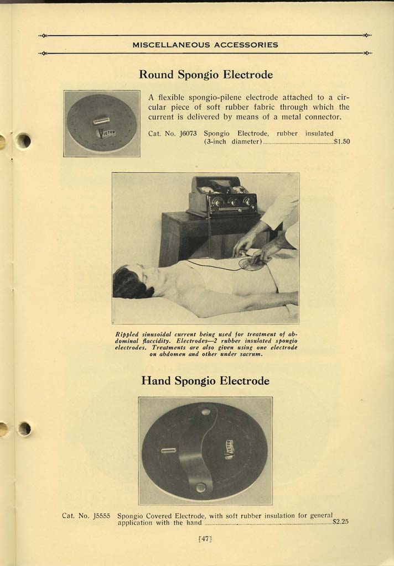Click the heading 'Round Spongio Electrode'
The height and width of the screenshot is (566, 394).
(x=205, y=74)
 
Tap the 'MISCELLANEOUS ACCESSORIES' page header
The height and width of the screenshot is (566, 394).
(x=205, y=45)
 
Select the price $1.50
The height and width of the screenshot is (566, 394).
(x=341, y=141)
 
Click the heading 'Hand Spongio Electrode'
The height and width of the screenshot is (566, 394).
(x=205, y=381)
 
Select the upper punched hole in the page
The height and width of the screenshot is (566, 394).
(x=23, y=141)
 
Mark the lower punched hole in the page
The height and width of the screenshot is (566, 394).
(x=24, y=428)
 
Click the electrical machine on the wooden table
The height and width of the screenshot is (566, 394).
(x=222, y=198)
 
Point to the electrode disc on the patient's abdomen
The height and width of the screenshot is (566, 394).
(x=252, y=264)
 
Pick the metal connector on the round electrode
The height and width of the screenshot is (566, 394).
(x=101, y=120)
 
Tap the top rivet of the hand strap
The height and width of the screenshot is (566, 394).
(x=206, y=411)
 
